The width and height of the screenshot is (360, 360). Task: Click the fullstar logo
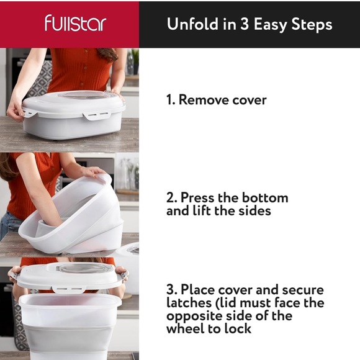tap(75, 24)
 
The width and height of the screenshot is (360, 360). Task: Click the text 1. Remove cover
tap(215, 99)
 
